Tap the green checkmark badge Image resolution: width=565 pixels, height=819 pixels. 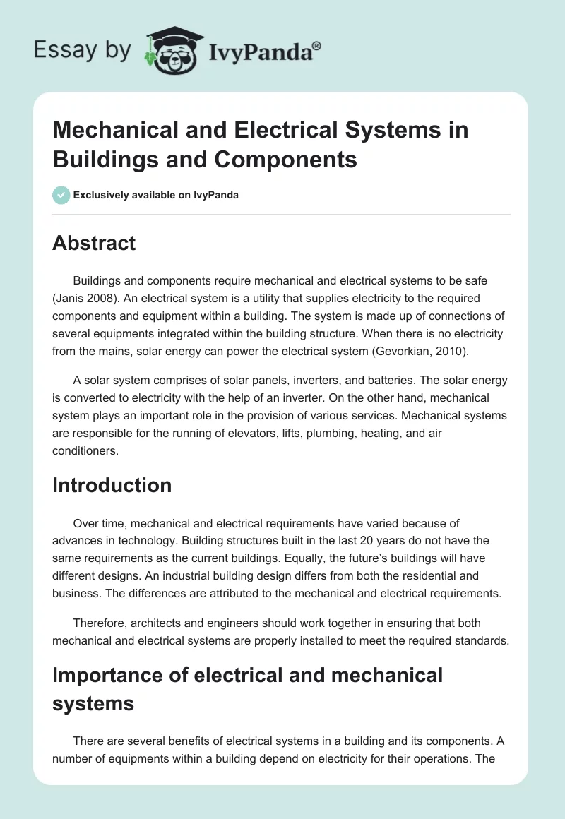61,195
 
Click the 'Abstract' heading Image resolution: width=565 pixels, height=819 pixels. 94,243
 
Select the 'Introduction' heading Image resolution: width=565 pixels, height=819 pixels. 112,485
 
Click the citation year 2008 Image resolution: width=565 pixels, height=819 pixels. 102,298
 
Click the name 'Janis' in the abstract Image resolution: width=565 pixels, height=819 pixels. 71,298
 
